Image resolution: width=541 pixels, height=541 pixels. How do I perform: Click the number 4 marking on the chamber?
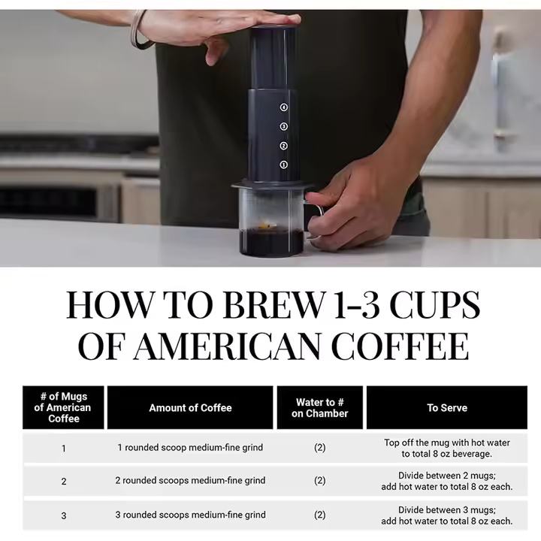click(283, 107)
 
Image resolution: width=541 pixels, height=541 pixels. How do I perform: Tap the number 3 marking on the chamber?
click(283, 127)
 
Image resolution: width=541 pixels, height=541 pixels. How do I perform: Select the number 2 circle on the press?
click(283, 146)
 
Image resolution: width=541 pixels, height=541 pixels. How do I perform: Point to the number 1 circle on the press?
click(283, 165)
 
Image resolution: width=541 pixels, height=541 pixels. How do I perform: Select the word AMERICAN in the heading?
click(226, 346)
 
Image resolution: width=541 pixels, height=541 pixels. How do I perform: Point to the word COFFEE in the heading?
click(400, 346)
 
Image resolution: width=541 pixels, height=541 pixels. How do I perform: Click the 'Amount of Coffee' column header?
click(190, 408)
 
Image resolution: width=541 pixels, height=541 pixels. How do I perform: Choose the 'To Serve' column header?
click(447, 408)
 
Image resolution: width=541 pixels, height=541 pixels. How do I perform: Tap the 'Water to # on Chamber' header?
click(320, 408)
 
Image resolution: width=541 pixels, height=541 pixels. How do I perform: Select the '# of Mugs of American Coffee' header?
click(63, 407)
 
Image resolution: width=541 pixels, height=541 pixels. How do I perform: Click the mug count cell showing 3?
click(63, 515)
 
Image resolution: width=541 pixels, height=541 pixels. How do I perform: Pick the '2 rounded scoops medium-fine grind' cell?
click(190, 480)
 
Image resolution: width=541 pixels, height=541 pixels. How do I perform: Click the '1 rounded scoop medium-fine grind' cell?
click(190, 448)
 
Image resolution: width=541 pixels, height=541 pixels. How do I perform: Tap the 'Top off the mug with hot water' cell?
click(447, 448)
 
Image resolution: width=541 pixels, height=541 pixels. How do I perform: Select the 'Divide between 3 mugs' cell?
click(447, 515)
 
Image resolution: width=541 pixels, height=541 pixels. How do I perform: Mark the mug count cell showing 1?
click(63, 449)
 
